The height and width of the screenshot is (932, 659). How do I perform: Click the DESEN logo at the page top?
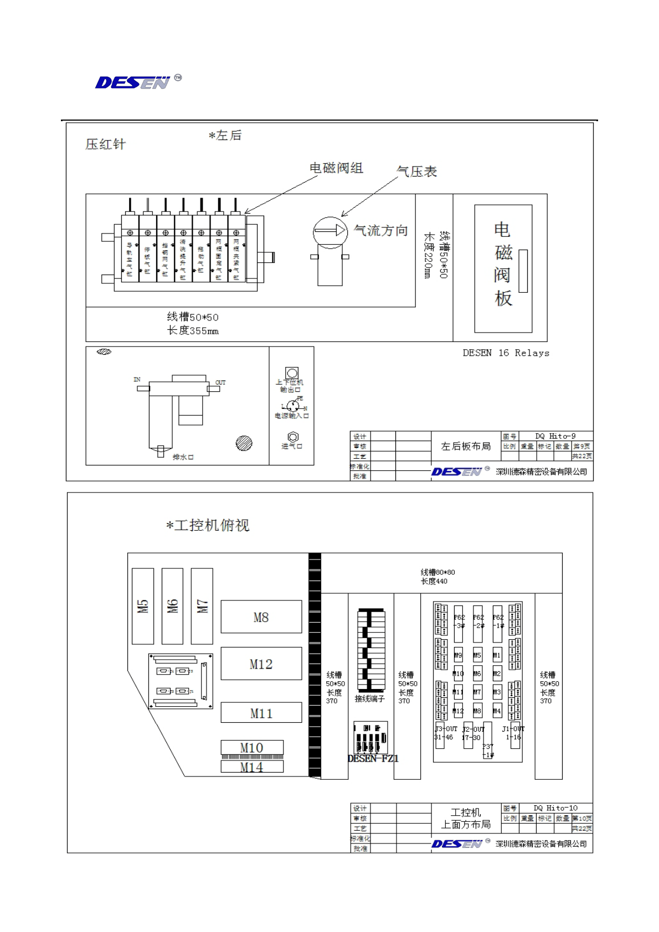[x=133, y=82]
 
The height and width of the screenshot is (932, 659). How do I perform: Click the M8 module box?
[x=261, y=617]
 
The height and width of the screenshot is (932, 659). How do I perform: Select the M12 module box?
[x=261, y=664]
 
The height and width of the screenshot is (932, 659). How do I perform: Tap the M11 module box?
[x=261, y=713]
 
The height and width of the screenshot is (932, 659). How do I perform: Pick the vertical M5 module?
[x=143, y=606]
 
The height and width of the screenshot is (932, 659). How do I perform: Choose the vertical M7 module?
[x=202, y=606]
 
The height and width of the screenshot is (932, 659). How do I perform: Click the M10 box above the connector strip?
[x=252, y=747]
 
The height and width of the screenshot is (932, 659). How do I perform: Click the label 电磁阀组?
[x=336, y=168]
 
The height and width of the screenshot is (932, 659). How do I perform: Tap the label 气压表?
[x=417, y=172]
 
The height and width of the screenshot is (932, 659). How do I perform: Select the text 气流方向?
[x=380, y=231]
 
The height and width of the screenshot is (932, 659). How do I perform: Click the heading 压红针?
[x=105, y=144]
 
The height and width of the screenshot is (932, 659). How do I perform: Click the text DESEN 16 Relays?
[x=506, y=353]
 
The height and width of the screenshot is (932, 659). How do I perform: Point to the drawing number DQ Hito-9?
[x=555, y=436]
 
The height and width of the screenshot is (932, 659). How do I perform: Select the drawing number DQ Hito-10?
[x=555, y=808]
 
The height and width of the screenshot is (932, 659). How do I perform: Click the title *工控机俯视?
[x=208, y=525]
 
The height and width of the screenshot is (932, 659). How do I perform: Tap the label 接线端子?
[x=369, y=699]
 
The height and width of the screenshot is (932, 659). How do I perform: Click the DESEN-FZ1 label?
[x=373, y=758]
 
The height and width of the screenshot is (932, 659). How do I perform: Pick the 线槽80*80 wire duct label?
[x=437, y=572]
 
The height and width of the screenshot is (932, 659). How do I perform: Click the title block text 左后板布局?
[x=466, y=446]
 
